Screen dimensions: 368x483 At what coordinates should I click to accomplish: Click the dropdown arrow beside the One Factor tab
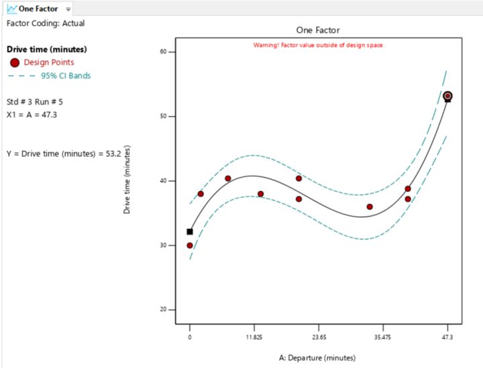[x=68, y=9]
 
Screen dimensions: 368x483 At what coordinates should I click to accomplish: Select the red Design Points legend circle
[x=15, y=62]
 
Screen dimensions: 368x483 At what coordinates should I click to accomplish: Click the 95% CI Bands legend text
[x=66, y=76]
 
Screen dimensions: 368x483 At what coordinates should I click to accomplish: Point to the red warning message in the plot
[x=319, y=45]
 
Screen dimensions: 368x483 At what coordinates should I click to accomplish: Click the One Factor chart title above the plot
[x=318, y=30]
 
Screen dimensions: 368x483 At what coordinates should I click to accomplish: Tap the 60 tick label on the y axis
[x=162, y=52]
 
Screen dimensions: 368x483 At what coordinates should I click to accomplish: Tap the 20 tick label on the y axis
[x=162, y=310]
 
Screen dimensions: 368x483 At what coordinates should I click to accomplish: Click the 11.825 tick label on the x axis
[x=254, y=337]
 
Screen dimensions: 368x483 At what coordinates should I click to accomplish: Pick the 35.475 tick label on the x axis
[x=382, y=337]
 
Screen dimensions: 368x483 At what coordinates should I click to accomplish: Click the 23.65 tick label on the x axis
[x=319, y=337]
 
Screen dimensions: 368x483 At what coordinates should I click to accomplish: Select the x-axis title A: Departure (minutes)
[x=318, y=358]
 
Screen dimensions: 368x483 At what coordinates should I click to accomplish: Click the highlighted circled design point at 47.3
[x=447, y=97]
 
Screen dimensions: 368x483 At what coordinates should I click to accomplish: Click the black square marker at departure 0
[x=190, y=232]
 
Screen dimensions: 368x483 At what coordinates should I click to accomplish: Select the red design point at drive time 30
[x=190, y=245]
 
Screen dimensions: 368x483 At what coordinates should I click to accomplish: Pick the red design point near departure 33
[x=370, y=206]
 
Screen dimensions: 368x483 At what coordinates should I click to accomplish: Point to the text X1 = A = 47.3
[x=32, y=115]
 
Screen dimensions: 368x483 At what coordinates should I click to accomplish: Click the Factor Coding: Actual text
[x=46, y=23]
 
